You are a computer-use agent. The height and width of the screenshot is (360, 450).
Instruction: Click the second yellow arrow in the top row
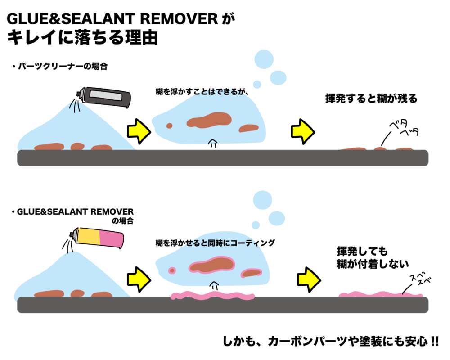coord(302,130)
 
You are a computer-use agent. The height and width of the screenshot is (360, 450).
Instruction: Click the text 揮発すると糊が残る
coord(371,99)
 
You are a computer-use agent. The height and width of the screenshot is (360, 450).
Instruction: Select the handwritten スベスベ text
coord(420,280)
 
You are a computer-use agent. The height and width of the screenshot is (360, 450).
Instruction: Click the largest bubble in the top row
coord(265,59)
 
